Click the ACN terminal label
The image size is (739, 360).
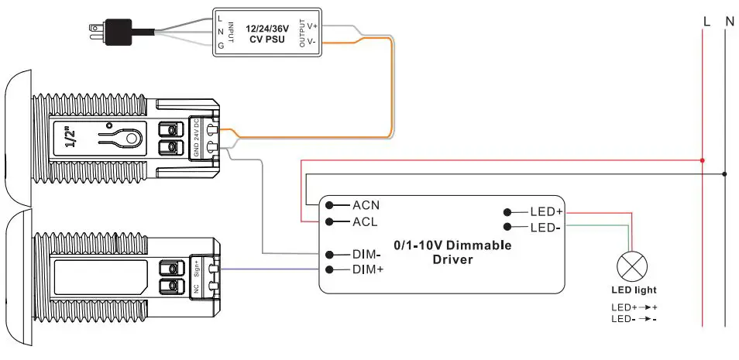pyautogui.click(x=367, y=205)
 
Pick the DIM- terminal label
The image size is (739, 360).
pyautogui.click(x=367, y=254)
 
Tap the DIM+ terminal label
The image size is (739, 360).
pyautogui.click(x=368, y=269)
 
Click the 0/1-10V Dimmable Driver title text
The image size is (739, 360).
pyautogui.click(x=453, y=252)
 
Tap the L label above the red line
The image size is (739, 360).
pyautogui.click(x=706, y=22)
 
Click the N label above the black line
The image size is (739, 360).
pyautogui.click(x=729, y=22)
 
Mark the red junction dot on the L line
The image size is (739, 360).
pyautogui.click(x=702, y=160)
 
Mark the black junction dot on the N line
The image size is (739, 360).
pyautogui.click(x=725, y=173)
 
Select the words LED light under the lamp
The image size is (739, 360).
pyautogui.click(x=633, y=290)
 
